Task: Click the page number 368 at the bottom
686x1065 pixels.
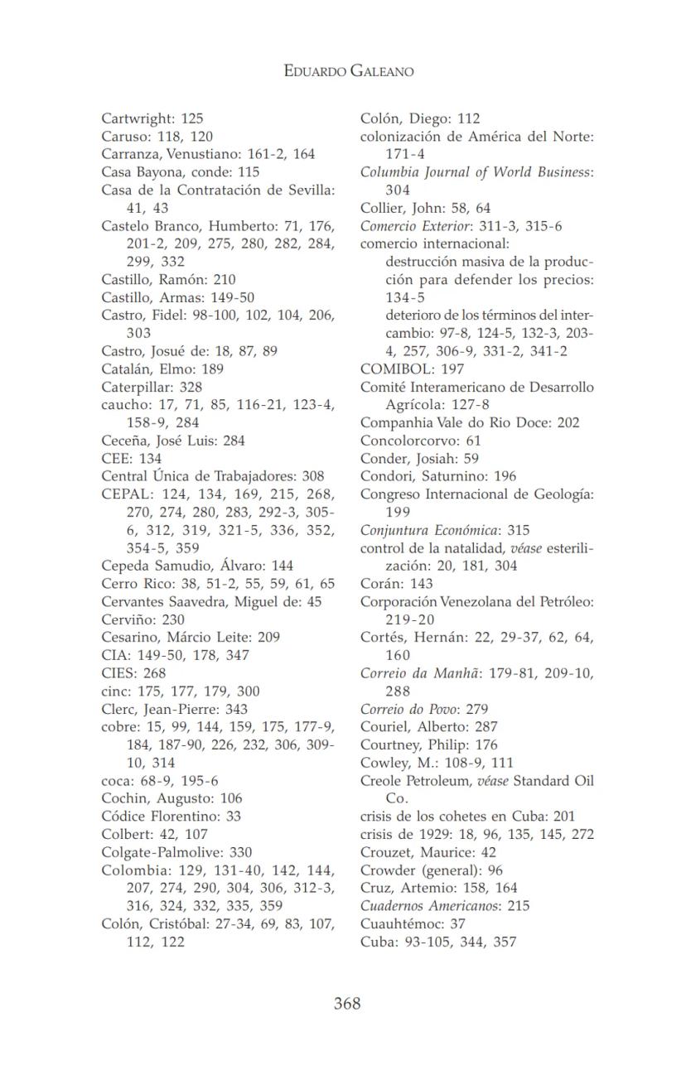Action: tap(347, 1004)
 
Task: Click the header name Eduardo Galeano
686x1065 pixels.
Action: tap(348, 71)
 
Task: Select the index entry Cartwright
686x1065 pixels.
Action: tap(135, 118)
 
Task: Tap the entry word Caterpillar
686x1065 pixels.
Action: tap(134, 387)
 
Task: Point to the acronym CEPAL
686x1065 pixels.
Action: tap(123, 494)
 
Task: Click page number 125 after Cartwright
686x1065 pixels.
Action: tap(191, 118)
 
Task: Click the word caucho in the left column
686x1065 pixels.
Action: tap(123, 405)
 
